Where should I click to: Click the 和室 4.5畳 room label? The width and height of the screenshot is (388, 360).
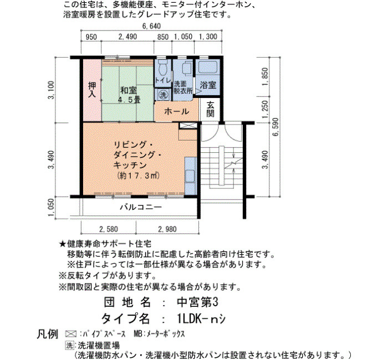tap(129, 95)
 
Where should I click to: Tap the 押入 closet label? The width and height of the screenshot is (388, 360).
tap(92, 90)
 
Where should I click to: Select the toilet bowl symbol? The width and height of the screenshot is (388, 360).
tap(162, 68)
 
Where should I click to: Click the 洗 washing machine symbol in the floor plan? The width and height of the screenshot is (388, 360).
tap(162, 95)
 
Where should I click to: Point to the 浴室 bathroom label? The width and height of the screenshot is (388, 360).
tap(208, 85)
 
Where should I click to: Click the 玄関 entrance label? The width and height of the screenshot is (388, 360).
tap(210, 110)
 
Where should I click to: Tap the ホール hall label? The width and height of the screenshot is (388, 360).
tap(176, 111)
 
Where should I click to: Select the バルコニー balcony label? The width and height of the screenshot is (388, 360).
tap(141, 207)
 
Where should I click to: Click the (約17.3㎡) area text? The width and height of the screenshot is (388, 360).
tap(139, 176)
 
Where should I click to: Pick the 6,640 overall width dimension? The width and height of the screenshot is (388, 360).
tap(151, 26)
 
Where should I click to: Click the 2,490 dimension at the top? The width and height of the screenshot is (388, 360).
tap(127, 37)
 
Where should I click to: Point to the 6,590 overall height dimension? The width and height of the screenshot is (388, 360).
tap(275, 127)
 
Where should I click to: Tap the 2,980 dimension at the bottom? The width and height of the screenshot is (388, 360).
tap(167, 229)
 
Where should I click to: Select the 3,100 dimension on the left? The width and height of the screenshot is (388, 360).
tap(51, 90)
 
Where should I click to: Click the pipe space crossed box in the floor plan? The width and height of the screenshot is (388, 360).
tap(188, 125)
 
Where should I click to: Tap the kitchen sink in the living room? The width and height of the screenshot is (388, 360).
tap(191, 176)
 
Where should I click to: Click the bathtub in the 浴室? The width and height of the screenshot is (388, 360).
tap(208, 66)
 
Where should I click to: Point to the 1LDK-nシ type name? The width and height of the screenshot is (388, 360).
tap(201, 319)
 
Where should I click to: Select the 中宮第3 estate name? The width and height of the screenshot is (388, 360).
tap(197, 302)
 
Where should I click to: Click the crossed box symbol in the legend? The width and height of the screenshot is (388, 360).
tap(71, 334)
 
